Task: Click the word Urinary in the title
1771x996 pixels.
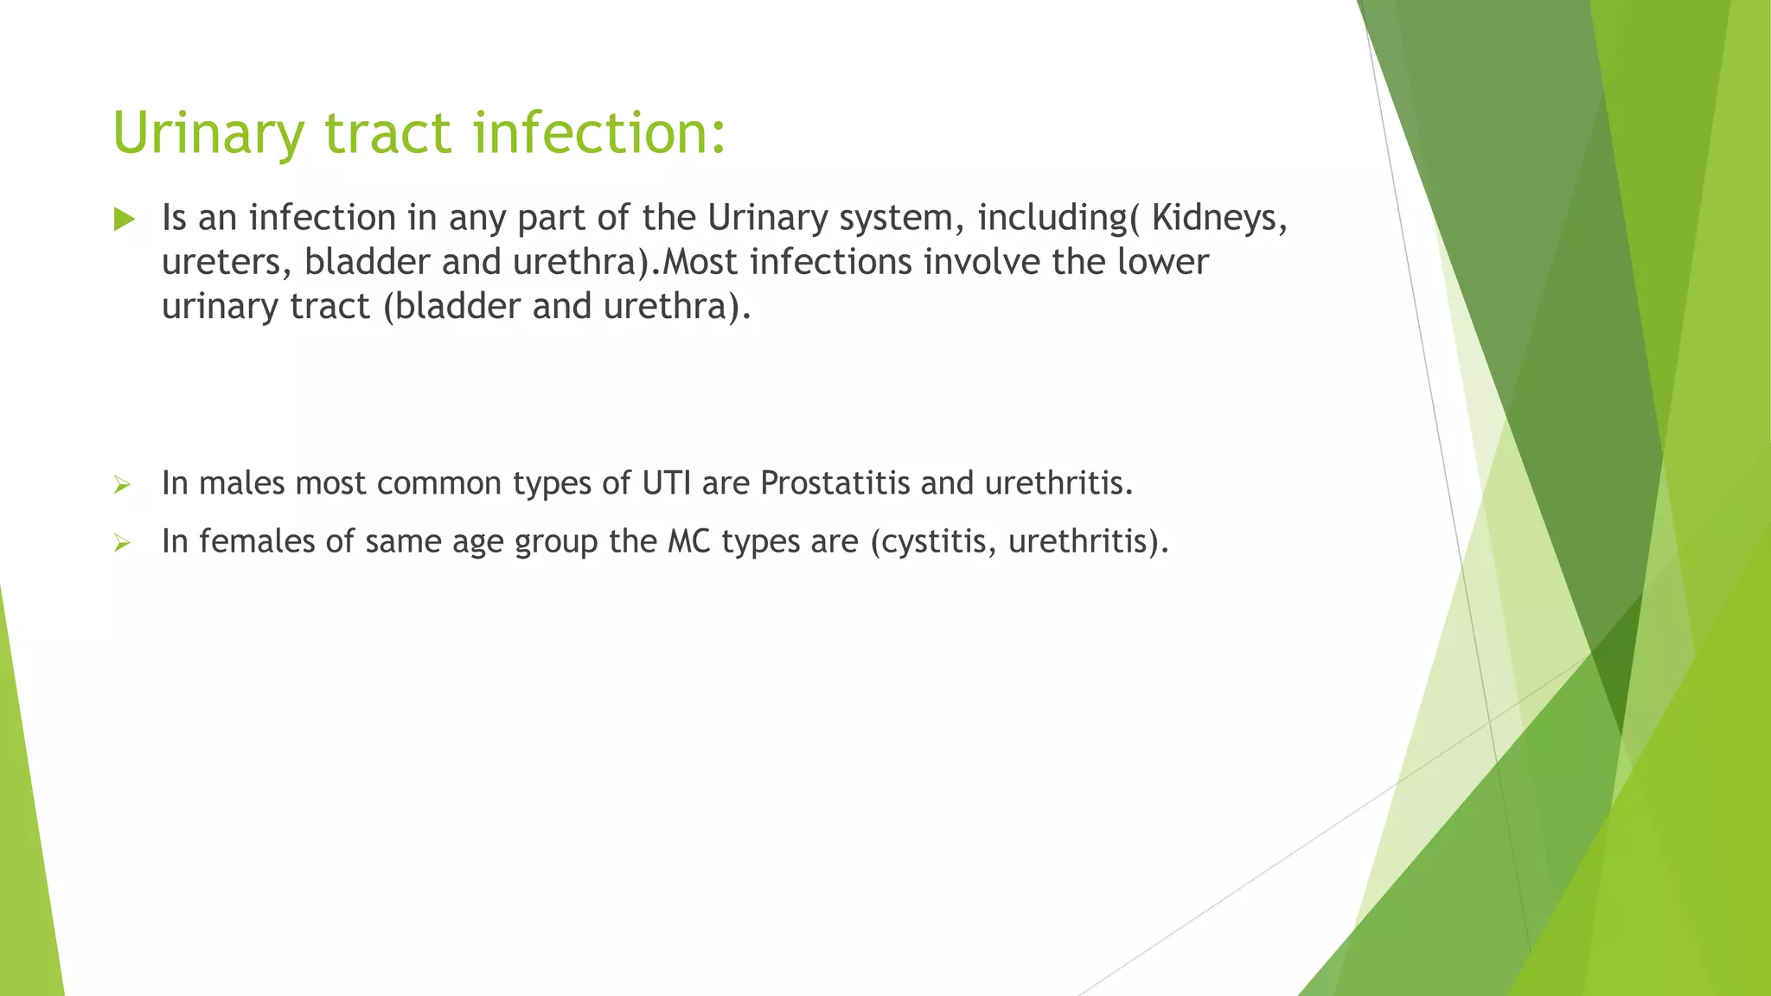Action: [208, 134]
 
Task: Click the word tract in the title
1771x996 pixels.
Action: [387, 134]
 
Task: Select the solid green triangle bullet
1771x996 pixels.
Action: [125, 220]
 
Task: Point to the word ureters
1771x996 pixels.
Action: [227, 263]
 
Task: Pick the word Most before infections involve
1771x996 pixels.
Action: [700, 262]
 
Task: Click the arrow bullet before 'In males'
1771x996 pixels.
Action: [122, 485]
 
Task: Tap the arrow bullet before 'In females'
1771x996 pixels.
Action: [122, 543]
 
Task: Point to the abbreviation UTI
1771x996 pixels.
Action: [666, 483]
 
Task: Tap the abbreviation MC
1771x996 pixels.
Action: [688, 542]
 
